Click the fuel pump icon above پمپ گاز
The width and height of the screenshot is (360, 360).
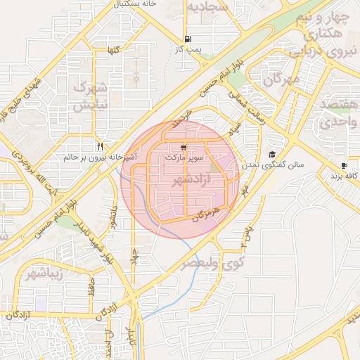[186, 39]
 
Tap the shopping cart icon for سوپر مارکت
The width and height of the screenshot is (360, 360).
[184, 148]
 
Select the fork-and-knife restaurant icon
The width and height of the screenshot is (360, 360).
[101, 146]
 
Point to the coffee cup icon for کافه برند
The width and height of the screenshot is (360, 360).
[344, 166]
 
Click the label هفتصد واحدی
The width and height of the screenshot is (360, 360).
[339, 113]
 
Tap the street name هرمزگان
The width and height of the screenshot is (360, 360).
[205, 212]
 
